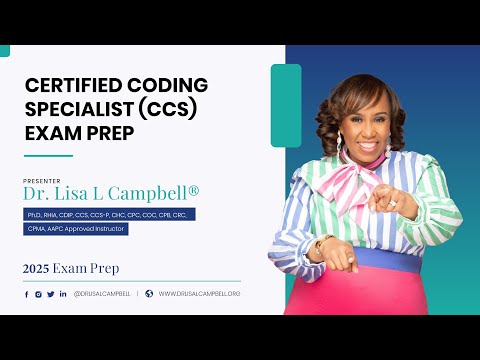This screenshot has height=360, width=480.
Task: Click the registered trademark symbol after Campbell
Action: pos(195,189)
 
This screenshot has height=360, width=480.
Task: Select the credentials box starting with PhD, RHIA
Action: pos(110,214)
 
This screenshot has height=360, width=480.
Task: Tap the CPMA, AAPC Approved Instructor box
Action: pos(76,228)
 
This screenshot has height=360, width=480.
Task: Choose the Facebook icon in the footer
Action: pos(27,294)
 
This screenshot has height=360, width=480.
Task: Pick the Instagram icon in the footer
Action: pos(38,294)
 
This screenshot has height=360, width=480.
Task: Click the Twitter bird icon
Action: pos(51,294)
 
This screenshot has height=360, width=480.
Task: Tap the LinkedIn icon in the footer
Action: pos(63,294)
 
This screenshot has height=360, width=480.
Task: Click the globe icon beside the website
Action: pos(149,294)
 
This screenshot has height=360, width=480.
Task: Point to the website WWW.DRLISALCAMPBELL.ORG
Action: pos(200,294)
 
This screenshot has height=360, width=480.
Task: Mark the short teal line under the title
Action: pos(48,156)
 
